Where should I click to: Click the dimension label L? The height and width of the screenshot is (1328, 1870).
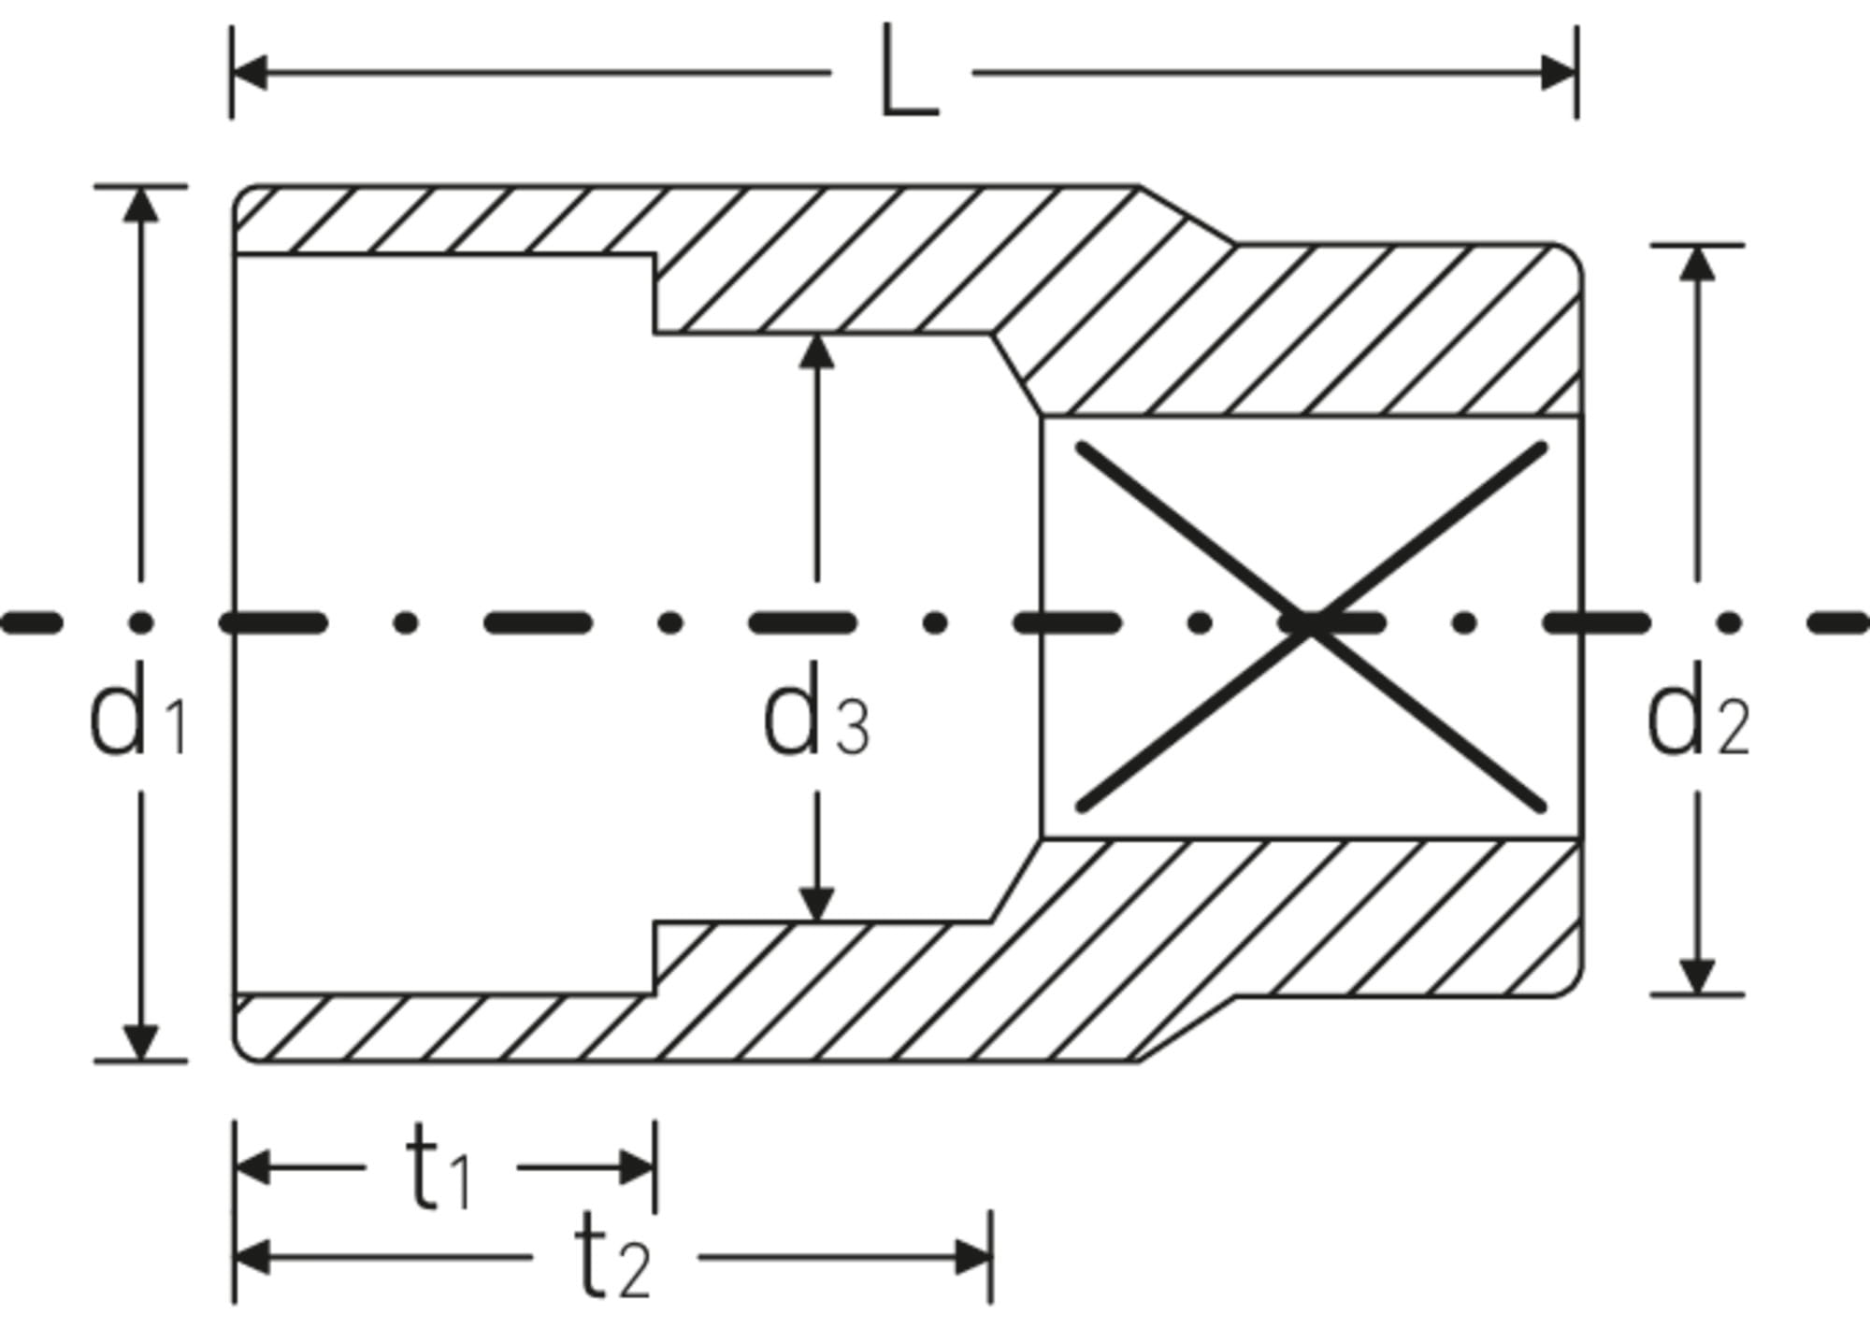coord(908,74)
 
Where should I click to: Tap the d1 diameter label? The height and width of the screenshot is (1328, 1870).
coord(137,719)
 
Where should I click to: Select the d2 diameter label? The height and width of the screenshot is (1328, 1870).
coord(1696,719)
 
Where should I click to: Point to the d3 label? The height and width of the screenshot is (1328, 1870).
coord(816,719)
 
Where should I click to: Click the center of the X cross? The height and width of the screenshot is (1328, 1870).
coord(1310,624)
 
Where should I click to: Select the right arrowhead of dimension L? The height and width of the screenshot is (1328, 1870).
coord(1559,72)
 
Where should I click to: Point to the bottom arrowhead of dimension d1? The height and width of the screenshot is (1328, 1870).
coord(141,1042)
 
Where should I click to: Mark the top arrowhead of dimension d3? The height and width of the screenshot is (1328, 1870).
coord(817,351)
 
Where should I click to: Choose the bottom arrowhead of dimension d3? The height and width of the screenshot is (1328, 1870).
coord(817,904)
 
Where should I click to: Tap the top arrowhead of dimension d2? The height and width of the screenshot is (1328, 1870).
coord(1697,264)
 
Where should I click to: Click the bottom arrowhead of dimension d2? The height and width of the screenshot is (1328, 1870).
coord(1697,977)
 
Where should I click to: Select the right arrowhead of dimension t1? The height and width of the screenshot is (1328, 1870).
coord(637,1167)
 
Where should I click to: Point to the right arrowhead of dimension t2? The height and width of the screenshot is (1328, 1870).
coord(972,1258)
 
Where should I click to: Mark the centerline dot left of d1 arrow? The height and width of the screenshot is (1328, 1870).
coord(141,621)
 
